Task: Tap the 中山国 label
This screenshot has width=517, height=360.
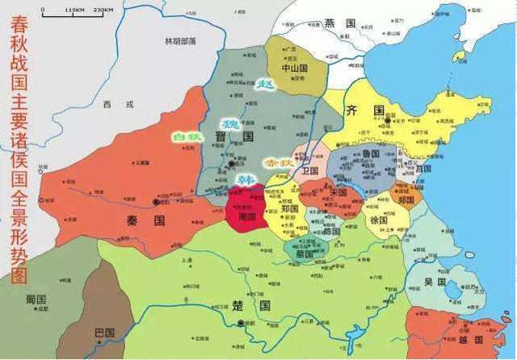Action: (296, 69)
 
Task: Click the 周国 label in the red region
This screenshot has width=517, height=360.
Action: (246, 216)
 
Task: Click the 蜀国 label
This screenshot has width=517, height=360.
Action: (36, 299)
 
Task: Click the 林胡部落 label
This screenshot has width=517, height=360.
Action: (180, 40)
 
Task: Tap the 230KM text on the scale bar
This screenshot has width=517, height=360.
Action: (103, 10)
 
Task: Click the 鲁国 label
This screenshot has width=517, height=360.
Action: (371, 153)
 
